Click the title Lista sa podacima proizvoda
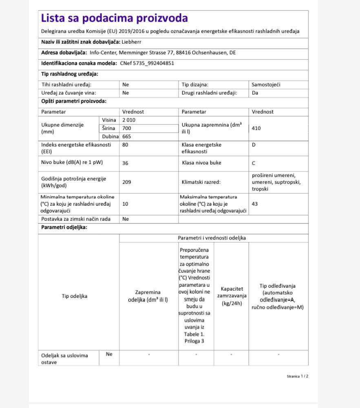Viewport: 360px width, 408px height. pos(115,18)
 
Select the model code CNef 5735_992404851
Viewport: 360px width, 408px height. pos(147,63)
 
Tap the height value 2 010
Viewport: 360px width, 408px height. pos(129,120)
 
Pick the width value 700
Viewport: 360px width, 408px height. pos(127,129)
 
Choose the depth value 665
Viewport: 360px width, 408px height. pos(127,137)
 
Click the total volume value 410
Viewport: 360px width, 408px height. pos(256,128)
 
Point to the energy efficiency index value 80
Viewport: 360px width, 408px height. pos(126,145)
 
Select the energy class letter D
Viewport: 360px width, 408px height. pos(254,145)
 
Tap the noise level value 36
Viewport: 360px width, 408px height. pos(126,163)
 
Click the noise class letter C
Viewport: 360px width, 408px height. pos(254,163)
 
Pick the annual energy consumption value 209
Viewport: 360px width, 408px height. pos(127,182)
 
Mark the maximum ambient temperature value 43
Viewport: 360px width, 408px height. pos(255,204)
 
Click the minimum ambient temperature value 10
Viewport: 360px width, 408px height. pos(126,204)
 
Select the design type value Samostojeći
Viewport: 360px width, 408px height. pos(266,85)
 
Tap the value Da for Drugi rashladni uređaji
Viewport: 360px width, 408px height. pos(255,93)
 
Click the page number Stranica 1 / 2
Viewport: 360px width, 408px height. pos(298,376)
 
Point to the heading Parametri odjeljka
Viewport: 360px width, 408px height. pos(64,228)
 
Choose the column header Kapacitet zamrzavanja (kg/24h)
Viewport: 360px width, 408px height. pos(231,296)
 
